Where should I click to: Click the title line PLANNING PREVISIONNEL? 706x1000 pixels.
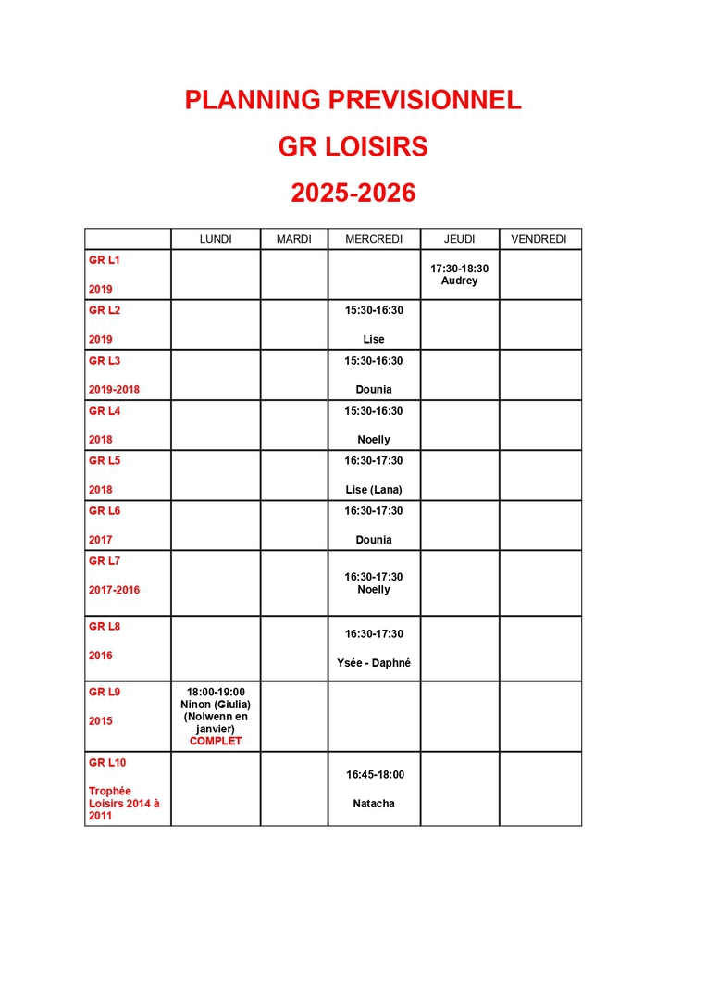click(353, 100)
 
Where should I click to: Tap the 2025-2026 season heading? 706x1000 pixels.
click(353, 193)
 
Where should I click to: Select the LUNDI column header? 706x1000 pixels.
click(216, 239)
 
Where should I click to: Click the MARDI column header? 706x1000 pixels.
click(294, 239)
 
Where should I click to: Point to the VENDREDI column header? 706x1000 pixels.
click(539, 239)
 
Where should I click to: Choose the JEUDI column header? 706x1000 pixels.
click(459, 239)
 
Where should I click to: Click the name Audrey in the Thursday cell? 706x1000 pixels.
click(459, 281)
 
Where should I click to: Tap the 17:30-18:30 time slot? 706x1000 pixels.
click(459, 269)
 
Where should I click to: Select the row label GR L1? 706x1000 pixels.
click(105, 260)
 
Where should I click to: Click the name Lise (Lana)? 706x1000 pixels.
click(374, 490)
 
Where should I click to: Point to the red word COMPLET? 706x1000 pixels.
click(216, 741)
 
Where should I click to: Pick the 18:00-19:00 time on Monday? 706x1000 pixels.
click(216, 692)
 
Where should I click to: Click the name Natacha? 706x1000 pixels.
click(374, 804)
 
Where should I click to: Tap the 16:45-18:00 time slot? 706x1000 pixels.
click(375, 775)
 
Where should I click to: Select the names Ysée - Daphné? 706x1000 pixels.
click(374, 663)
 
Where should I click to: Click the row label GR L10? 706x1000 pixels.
click(107, 763)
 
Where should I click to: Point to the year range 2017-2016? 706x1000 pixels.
click(114, 590)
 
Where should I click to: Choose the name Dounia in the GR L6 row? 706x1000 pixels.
click(374, 540)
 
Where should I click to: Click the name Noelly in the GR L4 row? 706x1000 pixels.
click(374, 440)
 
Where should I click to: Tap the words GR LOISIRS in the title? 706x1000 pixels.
click(353, 147)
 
